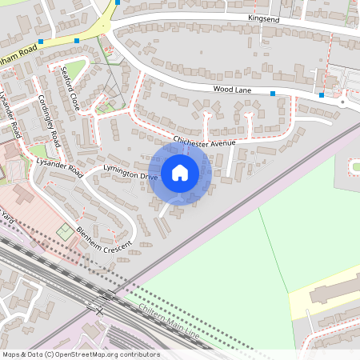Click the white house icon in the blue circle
pos(180,172)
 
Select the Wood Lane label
pos(232,90)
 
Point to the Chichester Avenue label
pos(205,142)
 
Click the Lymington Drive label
pos(131,171)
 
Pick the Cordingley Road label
pos(50,122)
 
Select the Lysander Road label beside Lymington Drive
pos(60,166)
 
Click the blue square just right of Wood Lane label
pos(273,94)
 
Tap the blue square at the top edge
pos(117,2)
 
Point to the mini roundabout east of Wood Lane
pos(342,102)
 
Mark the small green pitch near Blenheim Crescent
pos(65,232)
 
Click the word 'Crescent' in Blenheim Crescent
pos(118,243)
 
